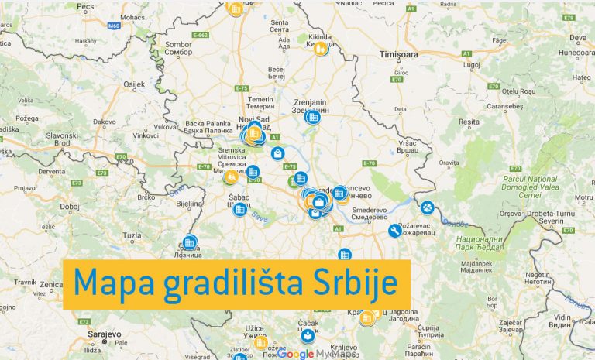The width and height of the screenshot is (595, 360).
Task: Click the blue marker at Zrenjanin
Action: tap(313, 117)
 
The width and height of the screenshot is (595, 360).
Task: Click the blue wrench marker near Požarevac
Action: tap(394, 231)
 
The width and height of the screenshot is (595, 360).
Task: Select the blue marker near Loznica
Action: tap(190, 241)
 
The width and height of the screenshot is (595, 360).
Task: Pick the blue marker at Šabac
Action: tap(240, 208)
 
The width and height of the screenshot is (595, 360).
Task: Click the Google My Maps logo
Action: tap(318, 354)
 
